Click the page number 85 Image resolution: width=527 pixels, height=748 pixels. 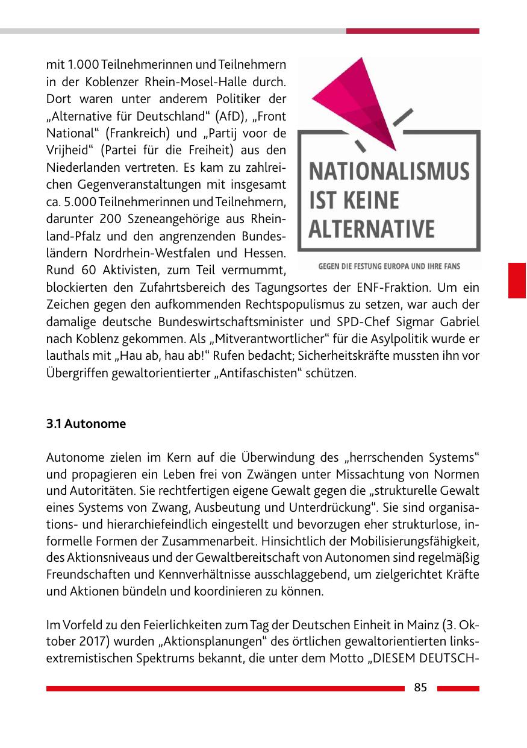[x=420, y=688]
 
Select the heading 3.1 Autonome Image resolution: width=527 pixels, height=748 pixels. [x=86, y=424]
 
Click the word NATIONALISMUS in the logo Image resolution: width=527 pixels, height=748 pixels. [x=389, y=171]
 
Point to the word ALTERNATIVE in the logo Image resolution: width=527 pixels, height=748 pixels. [x=372, y=229]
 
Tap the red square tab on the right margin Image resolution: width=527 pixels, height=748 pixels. [x=517, y=280]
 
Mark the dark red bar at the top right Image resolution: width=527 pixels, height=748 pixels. [x=413, y=31]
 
